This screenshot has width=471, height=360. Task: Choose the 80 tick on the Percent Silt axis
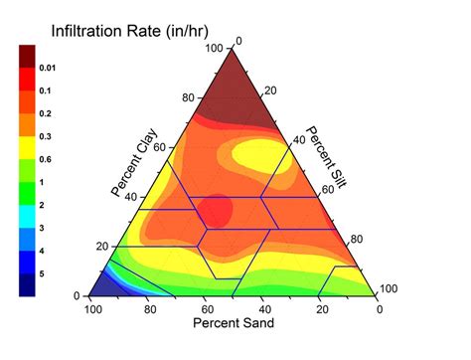click(x=359, y=240)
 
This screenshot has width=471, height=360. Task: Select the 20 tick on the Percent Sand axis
click(x=323, y=309)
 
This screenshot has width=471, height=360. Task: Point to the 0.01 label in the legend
click(x=48, y=68)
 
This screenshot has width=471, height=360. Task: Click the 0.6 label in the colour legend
click(x=48, y=159)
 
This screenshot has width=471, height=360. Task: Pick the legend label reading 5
click(x=42, y=273)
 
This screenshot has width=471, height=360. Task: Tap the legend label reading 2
click(x=42, y=205)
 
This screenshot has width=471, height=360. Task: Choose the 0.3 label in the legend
click(x=48, y=136)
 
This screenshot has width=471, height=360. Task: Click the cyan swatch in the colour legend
click(x=28, y=216)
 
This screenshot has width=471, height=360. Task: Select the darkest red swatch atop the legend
click(x=28, y=57)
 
